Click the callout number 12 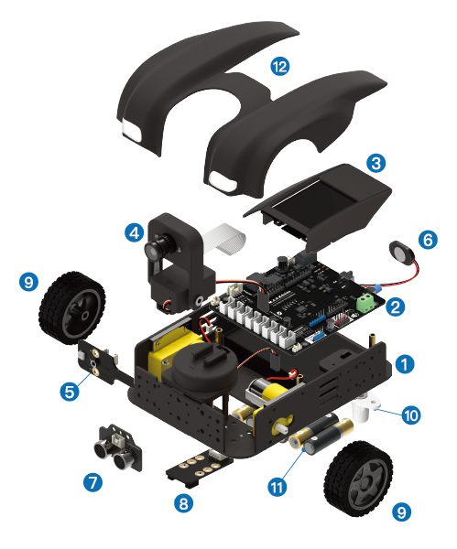[x=280, y=66]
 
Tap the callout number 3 [x=376, y=163]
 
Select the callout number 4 [x=135, y=232]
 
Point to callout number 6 [x=428, y=240]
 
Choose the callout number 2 [x=396, y=307]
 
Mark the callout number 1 [x=405, y=364]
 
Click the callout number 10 [x=411, y=415]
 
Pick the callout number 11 [x=277, y=487]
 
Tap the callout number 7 [x=92, y=482]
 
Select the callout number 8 [x=184, y=503]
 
